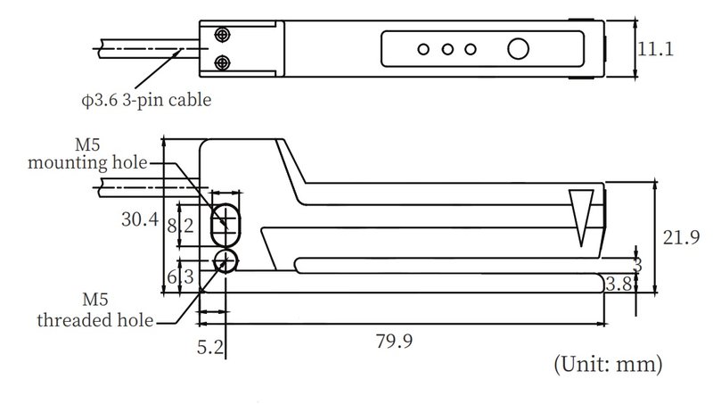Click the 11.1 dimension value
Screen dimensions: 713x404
coord(655,49)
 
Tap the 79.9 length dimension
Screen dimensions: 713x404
coord(394,341)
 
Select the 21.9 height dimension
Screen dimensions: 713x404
coord(681,237)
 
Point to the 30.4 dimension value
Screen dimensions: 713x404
coord(140,219)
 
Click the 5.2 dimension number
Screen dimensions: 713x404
coord(210,348)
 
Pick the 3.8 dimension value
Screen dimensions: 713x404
coord(619,284)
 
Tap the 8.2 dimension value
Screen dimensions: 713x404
coord(181,226)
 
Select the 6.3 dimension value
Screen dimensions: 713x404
coord(181,276)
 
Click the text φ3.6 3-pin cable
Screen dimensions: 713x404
coord(146,100)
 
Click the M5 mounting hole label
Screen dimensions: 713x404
coord(87,153)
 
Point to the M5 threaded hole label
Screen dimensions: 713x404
coord(95,310)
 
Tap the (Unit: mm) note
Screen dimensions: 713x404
coord(608,364)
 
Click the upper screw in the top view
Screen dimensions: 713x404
coord(222,35)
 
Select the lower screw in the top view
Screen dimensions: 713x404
coord(222,62)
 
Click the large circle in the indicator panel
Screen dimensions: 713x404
coord(518,49)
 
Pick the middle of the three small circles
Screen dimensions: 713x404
coord(447,49)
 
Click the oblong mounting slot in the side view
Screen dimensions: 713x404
coord(225,226)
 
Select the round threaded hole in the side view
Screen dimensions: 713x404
coord(225,260)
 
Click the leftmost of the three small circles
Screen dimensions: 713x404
coord(423,49)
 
